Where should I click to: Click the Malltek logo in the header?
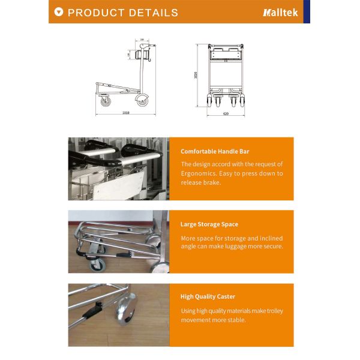click(280, 12)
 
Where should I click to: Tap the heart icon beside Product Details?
click(58, 12)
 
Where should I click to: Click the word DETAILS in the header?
click(152, 13)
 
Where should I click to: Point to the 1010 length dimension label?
click(125, 112)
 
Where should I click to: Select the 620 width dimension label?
click(226, 113)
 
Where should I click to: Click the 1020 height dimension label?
click(196, 75)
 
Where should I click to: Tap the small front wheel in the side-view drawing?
click(106, 101)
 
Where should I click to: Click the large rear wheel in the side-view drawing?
click(142, 100)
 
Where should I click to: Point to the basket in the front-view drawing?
click(225, 55)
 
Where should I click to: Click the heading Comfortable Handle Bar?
click(215, 151)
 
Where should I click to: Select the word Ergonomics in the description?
click(202, 173)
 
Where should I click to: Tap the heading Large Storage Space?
click(209, 224)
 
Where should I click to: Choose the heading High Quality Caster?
click(208, 296)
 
